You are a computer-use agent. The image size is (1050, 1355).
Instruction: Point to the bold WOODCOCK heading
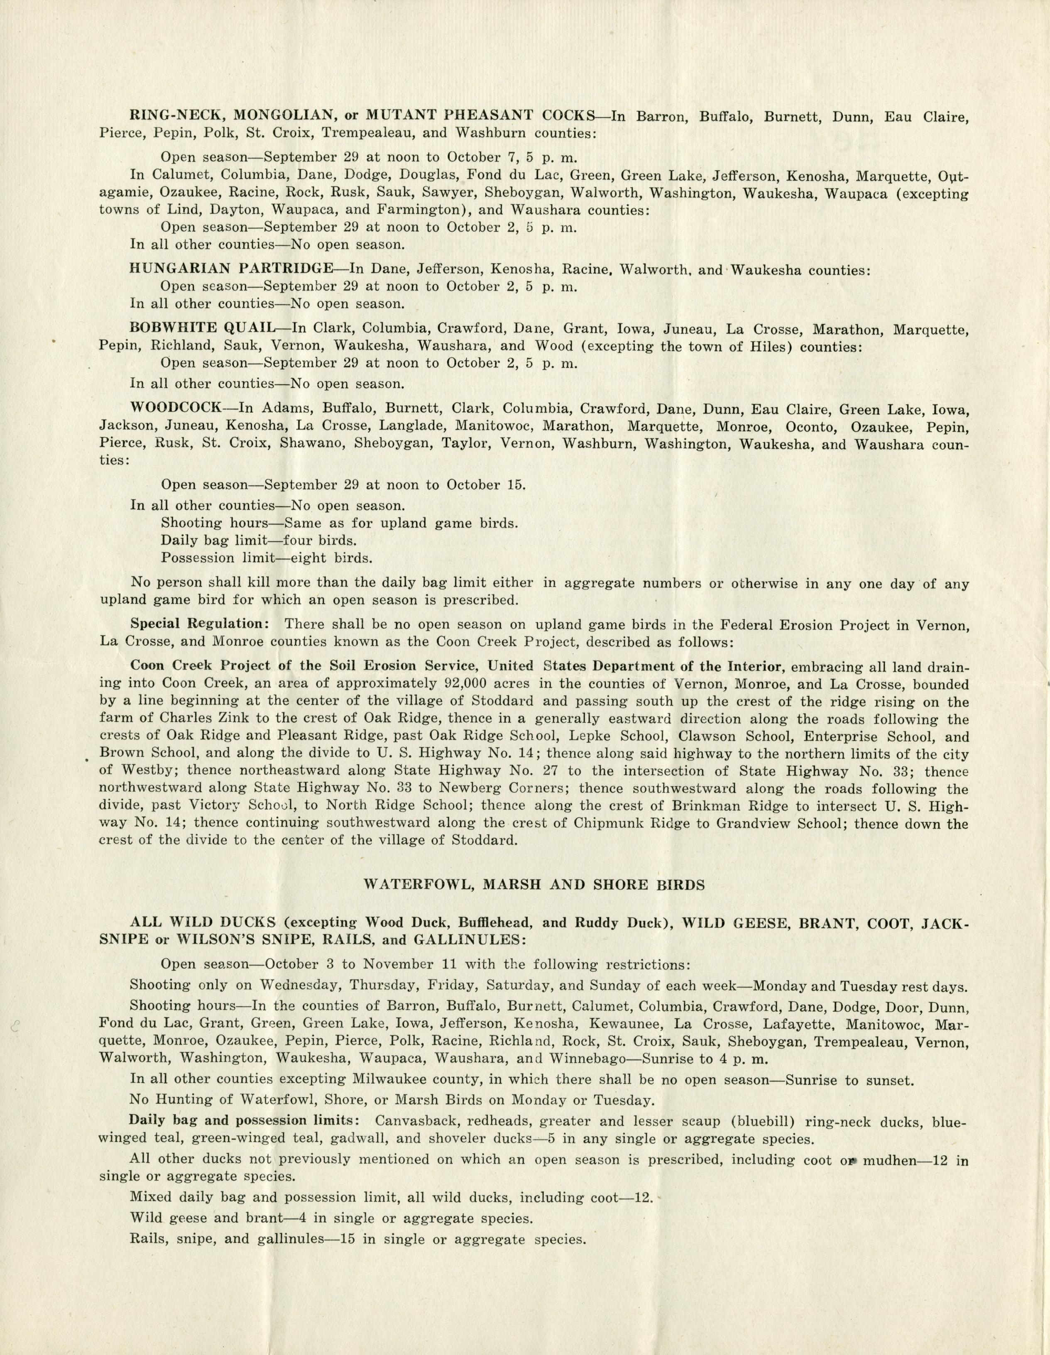point(176,408)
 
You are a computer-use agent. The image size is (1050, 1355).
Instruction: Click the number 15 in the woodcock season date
point(515,484)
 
